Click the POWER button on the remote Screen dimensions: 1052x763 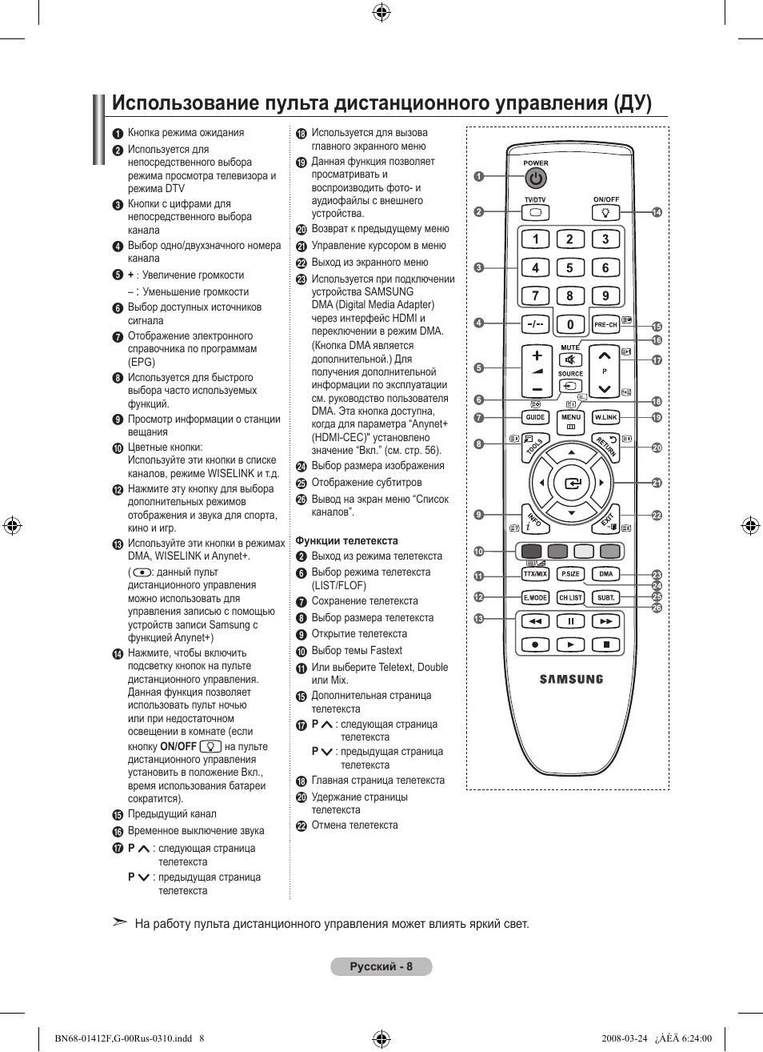[x=536, y=178]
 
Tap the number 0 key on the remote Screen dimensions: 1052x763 [x=570, y=324]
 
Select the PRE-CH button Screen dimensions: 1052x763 [x=605, y=324]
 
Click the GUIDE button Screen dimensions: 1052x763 [x=535, y=417]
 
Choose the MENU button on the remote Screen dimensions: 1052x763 [x=570, y=418]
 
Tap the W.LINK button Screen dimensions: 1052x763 [x=605, y=417]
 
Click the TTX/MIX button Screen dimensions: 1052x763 [x=535, y=574]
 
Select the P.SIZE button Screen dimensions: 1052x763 [x=570, y=574]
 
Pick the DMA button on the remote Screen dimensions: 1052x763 [x=606, y=574]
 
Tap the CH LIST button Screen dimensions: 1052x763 [x=570, y=597]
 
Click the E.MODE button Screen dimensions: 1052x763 [x=535, y=597]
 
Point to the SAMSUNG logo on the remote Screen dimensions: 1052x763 [x=571, y=679]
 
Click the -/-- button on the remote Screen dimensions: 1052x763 [x=535, y=324]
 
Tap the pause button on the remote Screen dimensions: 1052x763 [x=571, y=620]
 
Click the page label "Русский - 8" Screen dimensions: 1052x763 [x=381, y=966]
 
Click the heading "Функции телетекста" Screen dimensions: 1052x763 [x=346, y=540]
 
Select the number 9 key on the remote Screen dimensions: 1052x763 [x=605, y=295]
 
